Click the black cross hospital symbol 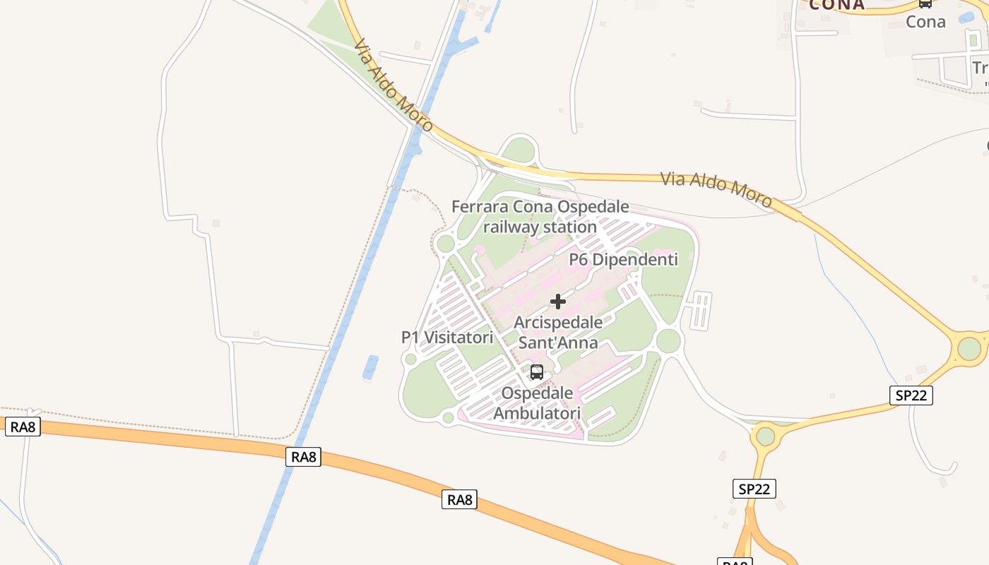click(558, 302)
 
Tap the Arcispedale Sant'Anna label click(558, 333)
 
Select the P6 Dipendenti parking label click(623, 259)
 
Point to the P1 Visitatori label click(447, 338)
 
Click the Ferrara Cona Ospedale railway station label click(540, 217)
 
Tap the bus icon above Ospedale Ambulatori click(537, 371)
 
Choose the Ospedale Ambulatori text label click(537, 403)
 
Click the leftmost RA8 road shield click(23, 427)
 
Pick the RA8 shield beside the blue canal click(304, 457)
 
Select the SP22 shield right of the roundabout click(911, 395)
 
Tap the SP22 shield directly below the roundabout click(754, 489)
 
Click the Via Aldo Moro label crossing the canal click(393, 85)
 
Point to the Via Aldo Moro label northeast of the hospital click(716, 189)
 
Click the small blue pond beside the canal click(369, 368)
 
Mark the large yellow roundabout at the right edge click(969, 348)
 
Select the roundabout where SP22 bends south click(766, 436)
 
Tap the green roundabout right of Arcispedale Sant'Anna click(668, 341)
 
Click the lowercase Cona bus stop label click(925, 22)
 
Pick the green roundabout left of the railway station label click(446, 244)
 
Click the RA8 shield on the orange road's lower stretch click(459, 500)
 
